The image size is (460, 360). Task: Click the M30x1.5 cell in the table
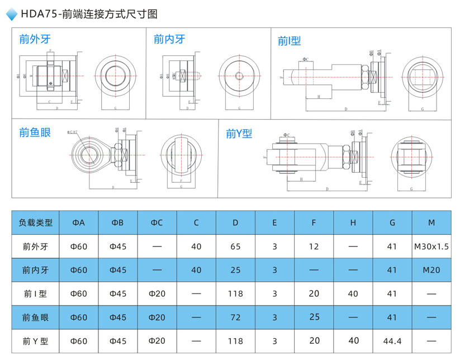point(431,247)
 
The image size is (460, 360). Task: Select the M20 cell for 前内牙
point(431,270)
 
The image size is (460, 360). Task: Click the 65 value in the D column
point(235,247)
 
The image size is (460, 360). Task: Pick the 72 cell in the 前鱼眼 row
point(235,318)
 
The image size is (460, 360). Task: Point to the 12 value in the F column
point(314,247)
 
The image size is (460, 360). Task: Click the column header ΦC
point(157,222)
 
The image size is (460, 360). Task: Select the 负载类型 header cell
point(36,222)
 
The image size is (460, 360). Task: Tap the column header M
point(431,222)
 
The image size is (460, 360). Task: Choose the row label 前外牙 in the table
point(36,247)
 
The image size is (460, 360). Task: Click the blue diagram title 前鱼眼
point(35,132)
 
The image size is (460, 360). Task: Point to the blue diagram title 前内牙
point(169,39)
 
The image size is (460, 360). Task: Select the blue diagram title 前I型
point(290,41)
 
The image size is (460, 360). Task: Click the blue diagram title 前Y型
point(239,134)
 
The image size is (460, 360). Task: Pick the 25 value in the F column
point(314,318)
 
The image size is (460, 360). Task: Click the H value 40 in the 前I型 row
point(353,293)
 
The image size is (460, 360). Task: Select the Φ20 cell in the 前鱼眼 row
point(157,318)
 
